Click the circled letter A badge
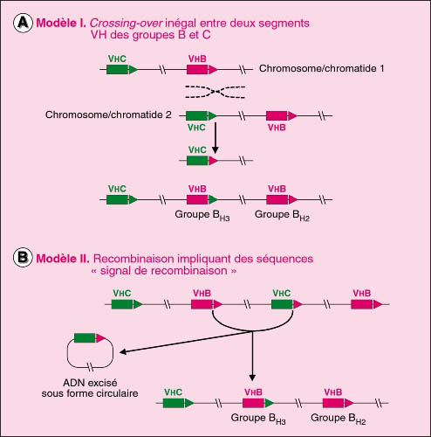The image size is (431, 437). point(23,23)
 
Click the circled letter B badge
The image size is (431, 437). point(23,258)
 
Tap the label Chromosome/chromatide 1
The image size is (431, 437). point(321,68)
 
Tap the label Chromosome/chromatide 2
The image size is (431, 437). point(108,114)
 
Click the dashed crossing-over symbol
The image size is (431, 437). point(215,92)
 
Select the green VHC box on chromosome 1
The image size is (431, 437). point(117,70)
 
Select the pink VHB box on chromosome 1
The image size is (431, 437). point(197,70)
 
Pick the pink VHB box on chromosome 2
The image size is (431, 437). point(277,115)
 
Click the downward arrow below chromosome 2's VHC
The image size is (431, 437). point(215,137)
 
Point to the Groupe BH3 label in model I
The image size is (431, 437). point(202,216)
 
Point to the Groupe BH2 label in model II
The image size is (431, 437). point(339,419)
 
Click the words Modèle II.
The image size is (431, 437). point(63,259)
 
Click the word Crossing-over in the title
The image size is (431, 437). point(126,23)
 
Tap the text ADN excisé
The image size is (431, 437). point(90,383)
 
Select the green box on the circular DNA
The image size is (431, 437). point(85,338)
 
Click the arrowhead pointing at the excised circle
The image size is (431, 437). point(122,352)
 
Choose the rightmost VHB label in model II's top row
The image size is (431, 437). point(362,293)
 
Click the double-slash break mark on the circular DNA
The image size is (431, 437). point(91,367)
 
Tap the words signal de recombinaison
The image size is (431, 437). point(163,271)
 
